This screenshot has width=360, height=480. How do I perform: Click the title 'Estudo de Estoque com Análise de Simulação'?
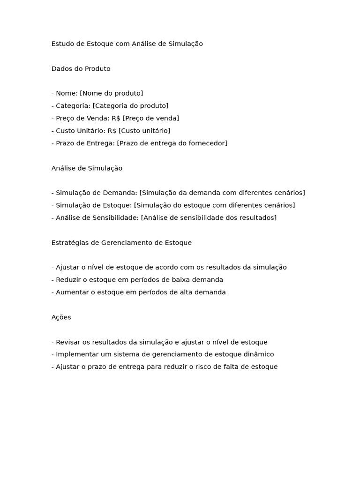click(x=127, y=44)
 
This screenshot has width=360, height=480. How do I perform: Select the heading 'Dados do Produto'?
click(x=81, y=68)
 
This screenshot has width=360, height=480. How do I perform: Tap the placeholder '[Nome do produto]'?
click(x=112, y=93)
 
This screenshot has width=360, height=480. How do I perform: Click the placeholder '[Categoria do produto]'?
click(x=130, y=105)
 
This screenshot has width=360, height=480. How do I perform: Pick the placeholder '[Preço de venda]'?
click(x=150, y=118)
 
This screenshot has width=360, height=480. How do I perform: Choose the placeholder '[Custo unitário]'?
click(x=144, y=130)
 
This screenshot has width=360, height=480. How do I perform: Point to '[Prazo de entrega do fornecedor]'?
click(x=172, y=143)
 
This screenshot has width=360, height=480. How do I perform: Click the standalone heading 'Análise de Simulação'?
click(x=87, y=168)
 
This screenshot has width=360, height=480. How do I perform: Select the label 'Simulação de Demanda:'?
click(x=97, y=193)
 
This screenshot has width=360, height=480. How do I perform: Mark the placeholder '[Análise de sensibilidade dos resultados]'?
click(x=209, y=217)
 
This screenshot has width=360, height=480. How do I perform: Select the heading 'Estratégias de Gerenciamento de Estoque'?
click(x=121, y=242)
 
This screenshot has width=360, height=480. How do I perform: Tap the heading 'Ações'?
click(x=61, y=317)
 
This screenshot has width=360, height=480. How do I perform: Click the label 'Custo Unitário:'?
click(x=81, y=130)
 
